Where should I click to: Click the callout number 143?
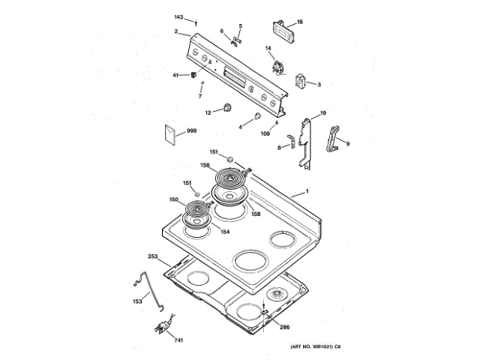click(x=178, y=16)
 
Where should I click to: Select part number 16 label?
click(x=300, y=22)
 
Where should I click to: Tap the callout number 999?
click(x=192, y=131)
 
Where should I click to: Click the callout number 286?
click(x=284, y=328)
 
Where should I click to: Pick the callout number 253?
click(x=153, y=256)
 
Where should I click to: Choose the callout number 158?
click(x=256, y=214)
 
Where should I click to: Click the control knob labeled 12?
click(x=223, y=110)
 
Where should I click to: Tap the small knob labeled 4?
click(x=256, y=116)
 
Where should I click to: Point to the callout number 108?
click(x=265, y=133)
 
